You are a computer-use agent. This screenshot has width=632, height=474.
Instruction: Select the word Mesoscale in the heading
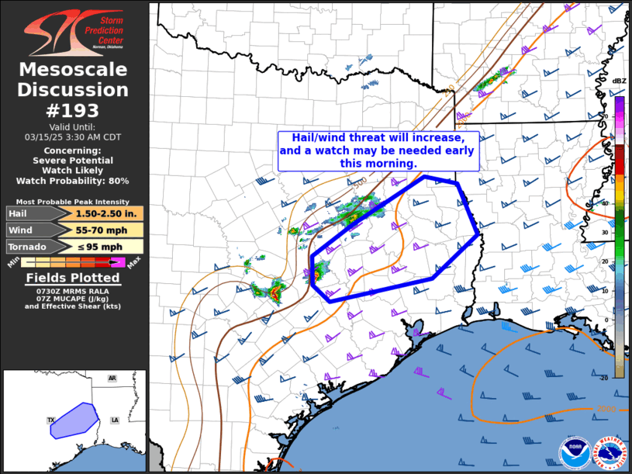74,71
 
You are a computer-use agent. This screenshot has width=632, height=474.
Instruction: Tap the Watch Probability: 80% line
74,181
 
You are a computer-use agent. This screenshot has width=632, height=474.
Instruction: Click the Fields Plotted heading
74,278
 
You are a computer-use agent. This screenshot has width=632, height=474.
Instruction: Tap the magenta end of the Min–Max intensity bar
118,262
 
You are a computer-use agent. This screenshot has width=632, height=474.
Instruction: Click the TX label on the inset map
51,420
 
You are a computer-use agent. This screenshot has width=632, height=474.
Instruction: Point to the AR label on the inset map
112,379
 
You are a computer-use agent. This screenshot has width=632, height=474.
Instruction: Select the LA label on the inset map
115,420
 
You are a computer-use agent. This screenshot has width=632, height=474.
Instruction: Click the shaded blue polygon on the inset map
74,420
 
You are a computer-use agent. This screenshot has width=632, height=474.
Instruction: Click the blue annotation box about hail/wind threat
378,151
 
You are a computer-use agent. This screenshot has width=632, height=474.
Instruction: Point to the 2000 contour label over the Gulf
607,409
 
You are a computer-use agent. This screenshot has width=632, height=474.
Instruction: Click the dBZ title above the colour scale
619,81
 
